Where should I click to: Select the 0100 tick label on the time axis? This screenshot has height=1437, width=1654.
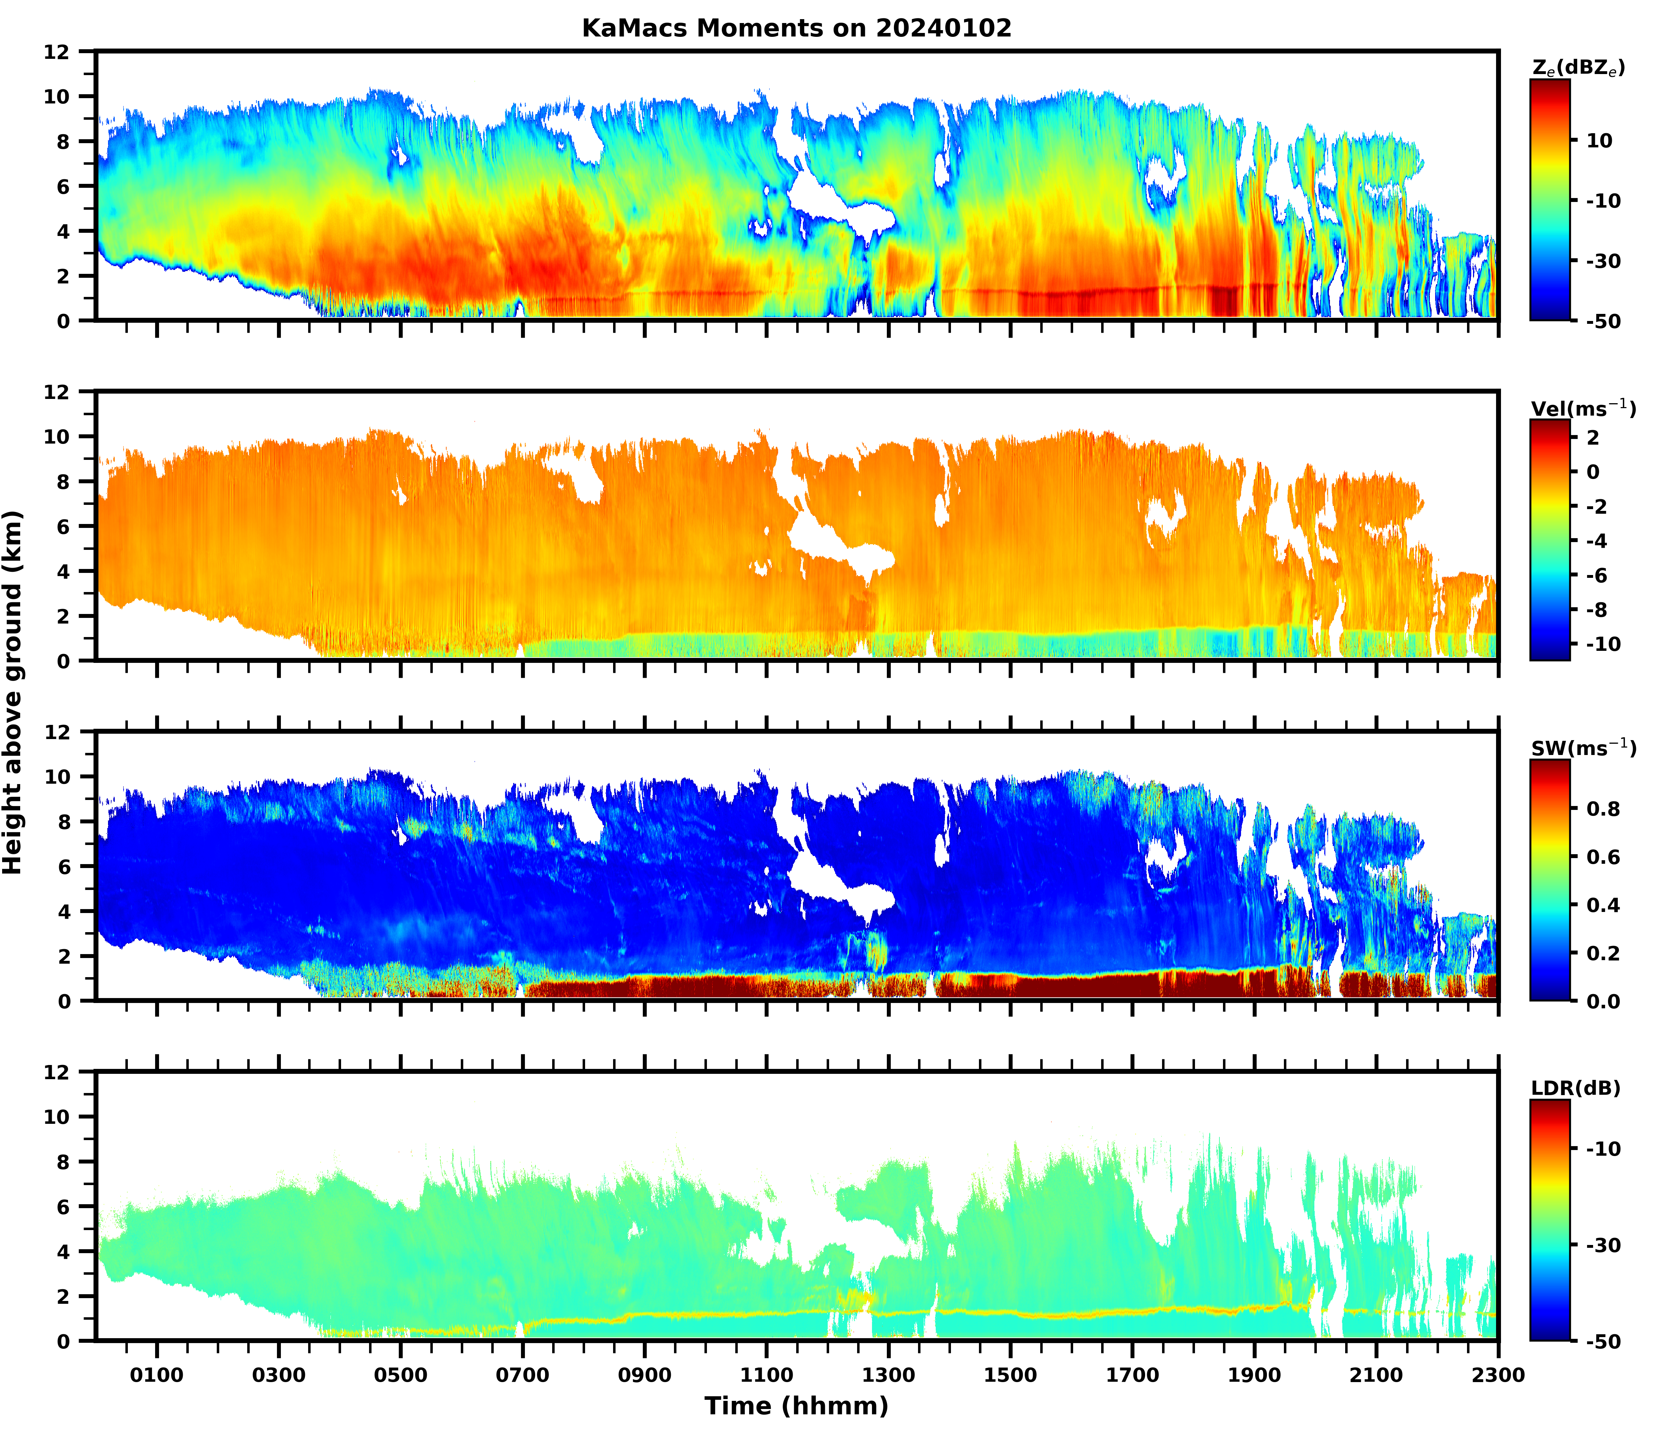click(157, 1375)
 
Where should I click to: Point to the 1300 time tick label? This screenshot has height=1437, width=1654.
click(888, 1375)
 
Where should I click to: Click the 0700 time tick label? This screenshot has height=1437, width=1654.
click(523, 1375)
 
